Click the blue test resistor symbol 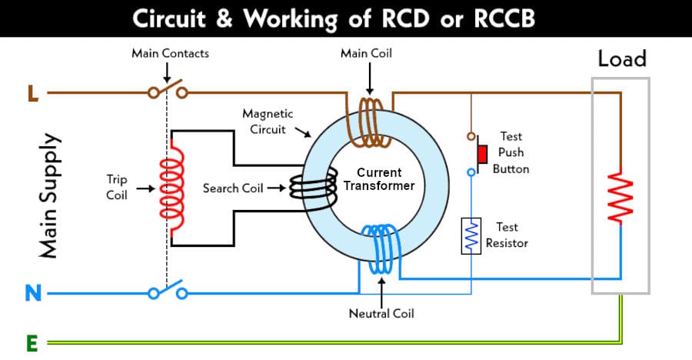pos(471,235)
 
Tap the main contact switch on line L pos(168,90)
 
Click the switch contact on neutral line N pos(168,292)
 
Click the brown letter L pos(32,94)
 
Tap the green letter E pos(32,342)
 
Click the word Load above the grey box pos(622,58)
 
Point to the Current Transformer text pos(379,179)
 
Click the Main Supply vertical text pos(48,196)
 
